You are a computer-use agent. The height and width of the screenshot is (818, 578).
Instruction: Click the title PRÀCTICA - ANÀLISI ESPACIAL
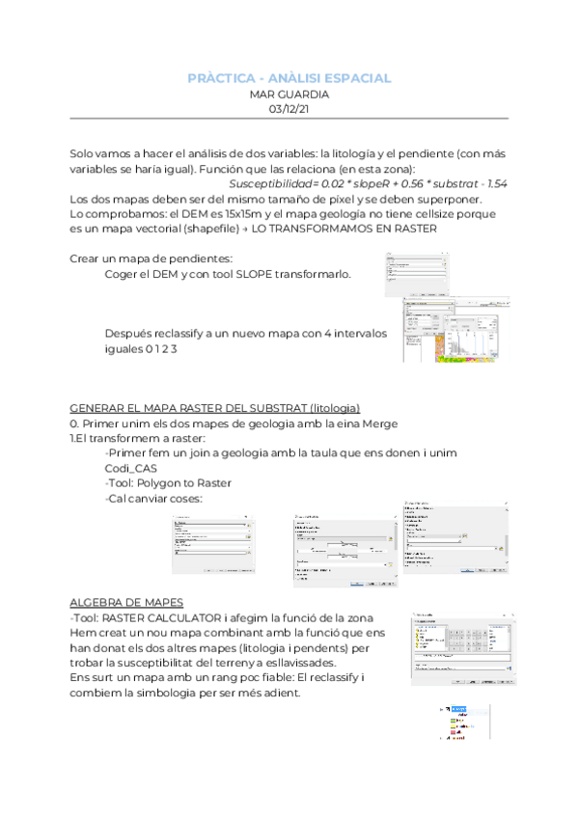pos(289,77)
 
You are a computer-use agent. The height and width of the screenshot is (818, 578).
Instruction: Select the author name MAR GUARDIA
pos(289,95)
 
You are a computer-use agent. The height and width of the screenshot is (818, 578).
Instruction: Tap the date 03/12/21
pos(289,111)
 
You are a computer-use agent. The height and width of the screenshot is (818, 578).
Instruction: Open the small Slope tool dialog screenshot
pos(414,275)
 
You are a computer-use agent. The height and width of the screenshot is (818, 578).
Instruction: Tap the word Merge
pos(395,423)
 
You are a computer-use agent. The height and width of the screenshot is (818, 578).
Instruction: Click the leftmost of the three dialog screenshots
pos(212,542)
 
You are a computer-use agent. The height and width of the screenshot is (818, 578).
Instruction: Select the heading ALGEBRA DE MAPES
pos(127,602)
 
